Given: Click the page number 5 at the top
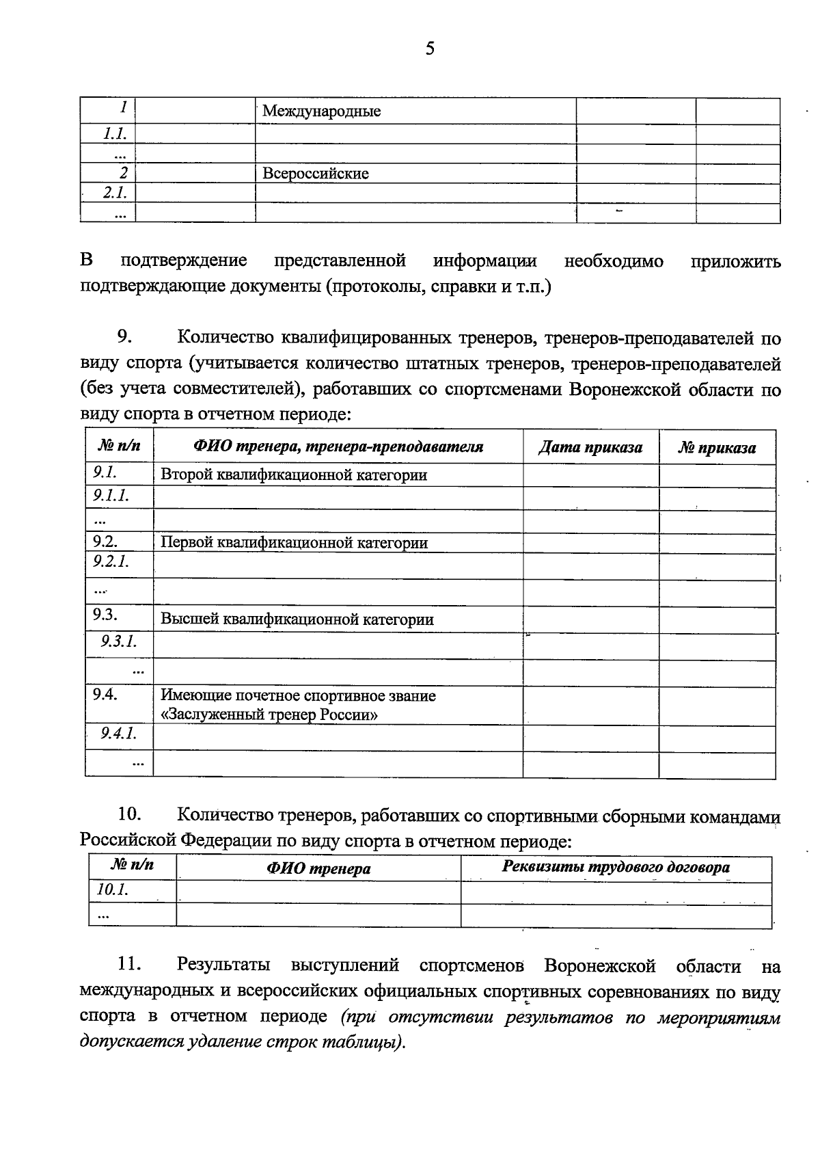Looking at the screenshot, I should [430, 49].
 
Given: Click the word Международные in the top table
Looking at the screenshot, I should [321, 111].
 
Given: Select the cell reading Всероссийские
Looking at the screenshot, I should [315, 174].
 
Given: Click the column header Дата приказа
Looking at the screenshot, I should [590, 448].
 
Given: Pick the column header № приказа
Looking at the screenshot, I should [717, 449].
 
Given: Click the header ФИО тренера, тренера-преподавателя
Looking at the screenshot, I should [338, 447].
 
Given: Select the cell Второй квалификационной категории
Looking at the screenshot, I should [294, 475].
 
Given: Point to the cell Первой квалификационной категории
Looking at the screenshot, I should [294, 543].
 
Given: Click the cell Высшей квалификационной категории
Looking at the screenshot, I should [297, 619].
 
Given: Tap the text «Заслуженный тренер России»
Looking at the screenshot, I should [270, 715].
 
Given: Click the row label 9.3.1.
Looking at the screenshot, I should [119, 641].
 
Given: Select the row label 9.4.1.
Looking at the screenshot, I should [119, 734].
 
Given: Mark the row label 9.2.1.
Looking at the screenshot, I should [111, 562].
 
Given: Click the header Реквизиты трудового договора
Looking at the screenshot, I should [616, 868].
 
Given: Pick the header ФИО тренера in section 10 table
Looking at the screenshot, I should [318, 869].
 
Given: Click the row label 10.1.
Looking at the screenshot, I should [113, 890].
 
